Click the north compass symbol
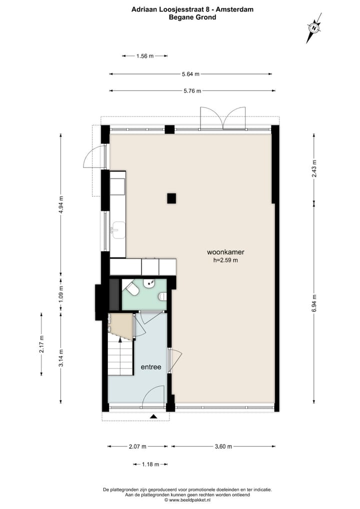pos(313,28)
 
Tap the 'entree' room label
pos(150,366)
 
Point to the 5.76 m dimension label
pos(191,91)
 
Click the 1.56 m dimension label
pos(144,56)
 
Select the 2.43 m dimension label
pos(314,169)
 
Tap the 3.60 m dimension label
pos(223,446)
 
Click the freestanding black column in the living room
pos(171,198)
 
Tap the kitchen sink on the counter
pos(118,230)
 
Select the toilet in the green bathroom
pos(132,289)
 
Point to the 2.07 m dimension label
pos(137,446)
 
